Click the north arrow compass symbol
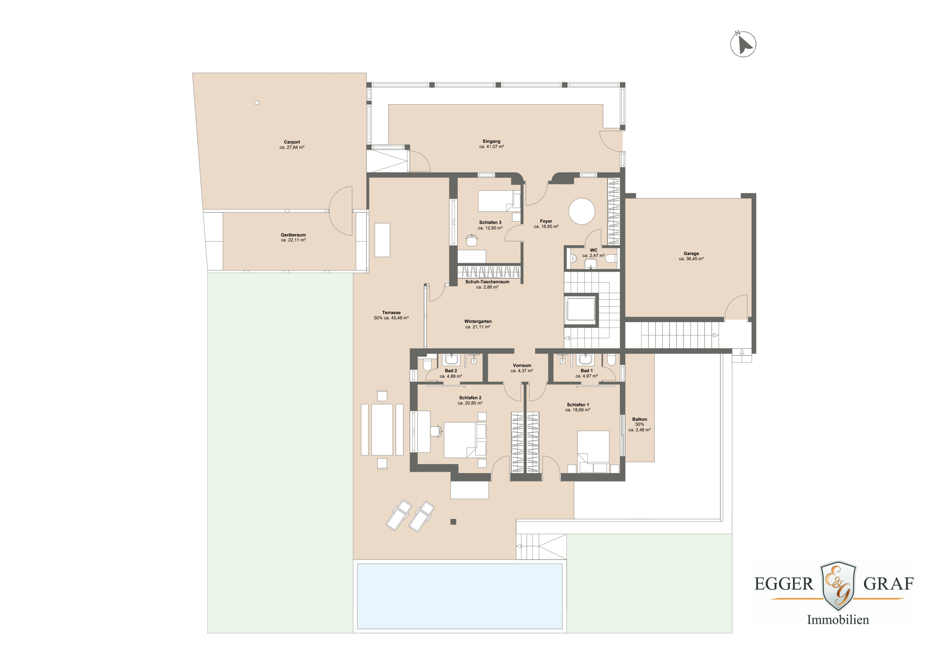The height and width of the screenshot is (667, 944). pyautogui.click(x=743, y=44)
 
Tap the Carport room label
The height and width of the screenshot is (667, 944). pyautogui.click(x=292, y=142)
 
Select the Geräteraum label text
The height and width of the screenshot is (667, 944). pyautogui.click(x=293, y=235)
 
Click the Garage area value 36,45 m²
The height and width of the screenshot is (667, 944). pyautogui.click(x=691, y=259)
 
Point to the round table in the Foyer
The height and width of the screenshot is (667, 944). pyautogui.click(x=582, y=211)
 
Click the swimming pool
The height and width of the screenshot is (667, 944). pyautogui.click(x=459, y=596)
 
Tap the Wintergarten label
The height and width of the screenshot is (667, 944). pyautogui.click(x=478, y=321)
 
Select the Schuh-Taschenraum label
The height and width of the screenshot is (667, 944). pyautogui.click(x=487, y=282)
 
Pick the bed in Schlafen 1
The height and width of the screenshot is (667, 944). pyautogui.click(x=593, y=450)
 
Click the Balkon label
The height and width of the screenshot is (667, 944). pyautogui.click(x=640, y=419)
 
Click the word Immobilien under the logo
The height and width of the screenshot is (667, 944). pyautogui.click(x=837, y=620)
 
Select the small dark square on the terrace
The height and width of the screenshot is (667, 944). pyautogui.click(x=453, y=522)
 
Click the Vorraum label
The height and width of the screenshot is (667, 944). pyautogui.click(x=522, y=366)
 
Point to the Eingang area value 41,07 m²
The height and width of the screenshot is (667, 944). pyautogui.click(x=491, y=147)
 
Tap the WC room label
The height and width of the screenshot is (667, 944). pyautogui.click(x=593, y=250)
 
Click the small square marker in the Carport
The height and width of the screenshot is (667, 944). pyautogui.click(x=257, y=102)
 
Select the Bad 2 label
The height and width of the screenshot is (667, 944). pyautogui.click(x=450, y=371)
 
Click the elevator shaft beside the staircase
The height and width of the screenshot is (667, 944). pyautogui.click(x=581, y=310)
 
